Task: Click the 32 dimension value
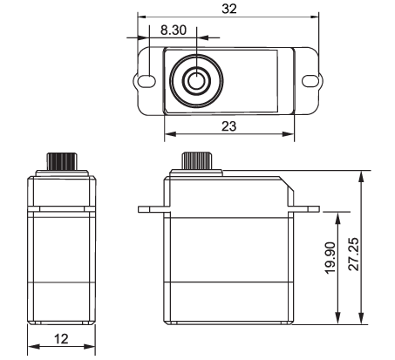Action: [x=229, y=9]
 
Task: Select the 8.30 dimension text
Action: [x=174, y=31]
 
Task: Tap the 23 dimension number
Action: [x=229, y=126]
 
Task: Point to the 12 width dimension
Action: [x=61, y=339]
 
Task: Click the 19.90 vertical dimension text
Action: [x=330, y=258]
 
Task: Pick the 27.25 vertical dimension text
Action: [x=354, y=255]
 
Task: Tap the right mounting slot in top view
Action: [x=310, y=80]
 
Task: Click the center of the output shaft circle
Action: [x=197, y=80]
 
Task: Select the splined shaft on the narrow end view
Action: [x=62, y=161]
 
